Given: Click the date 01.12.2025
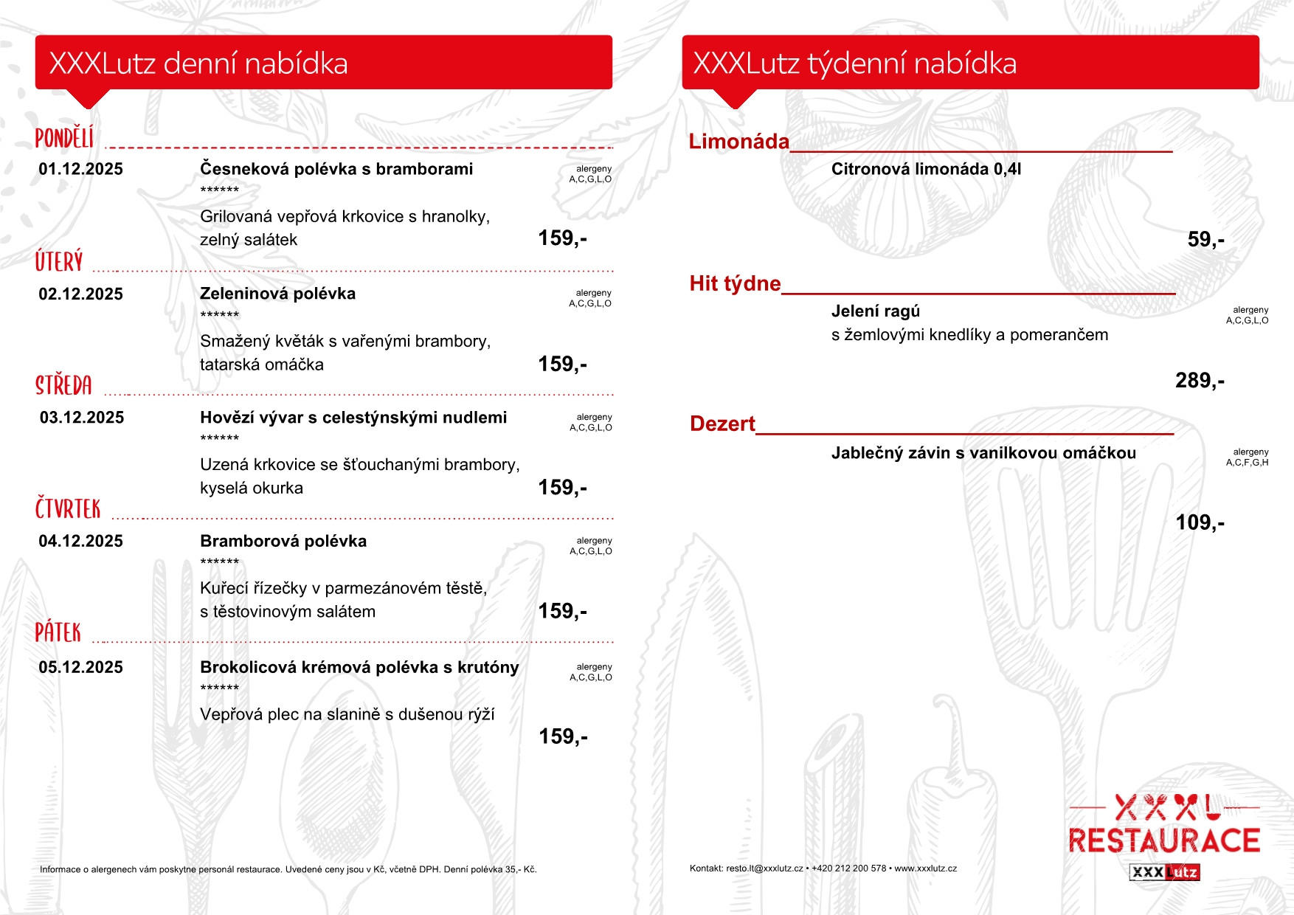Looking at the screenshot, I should [x=80, y=169].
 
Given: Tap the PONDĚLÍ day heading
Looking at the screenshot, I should [x=64, y=138].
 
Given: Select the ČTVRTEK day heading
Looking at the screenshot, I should [x=68, y=508].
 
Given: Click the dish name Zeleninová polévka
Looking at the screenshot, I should [x=277, y=294].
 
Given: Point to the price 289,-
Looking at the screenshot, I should [x=1200, y=381].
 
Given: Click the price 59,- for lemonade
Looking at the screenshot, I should [x=1205, y=240].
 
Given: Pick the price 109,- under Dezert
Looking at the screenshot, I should [x=1200, y=523].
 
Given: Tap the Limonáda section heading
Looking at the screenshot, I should [x=738, y=142].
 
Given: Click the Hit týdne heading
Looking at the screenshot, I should [x=735, y=284].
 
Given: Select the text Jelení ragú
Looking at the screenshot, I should [x=876, y=311].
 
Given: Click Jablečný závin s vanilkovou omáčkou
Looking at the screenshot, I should [x=983, y=453].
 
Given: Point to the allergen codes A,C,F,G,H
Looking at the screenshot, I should [x=1247, y=463].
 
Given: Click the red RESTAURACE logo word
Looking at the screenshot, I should [x=1164, y=841].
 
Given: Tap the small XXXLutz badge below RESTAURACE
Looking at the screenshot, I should [x=1164, y=872].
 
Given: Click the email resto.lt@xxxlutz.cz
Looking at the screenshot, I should [x=764, y=869].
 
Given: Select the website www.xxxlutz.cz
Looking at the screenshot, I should [x=925, y=869].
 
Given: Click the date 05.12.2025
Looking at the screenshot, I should [x=80, y=668].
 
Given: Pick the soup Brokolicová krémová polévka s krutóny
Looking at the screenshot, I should [x=359, y=668].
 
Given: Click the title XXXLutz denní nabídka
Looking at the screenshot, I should [x=198, y=63].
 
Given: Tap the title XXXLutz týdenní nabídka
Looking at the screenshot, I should [x=854, y=63].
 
